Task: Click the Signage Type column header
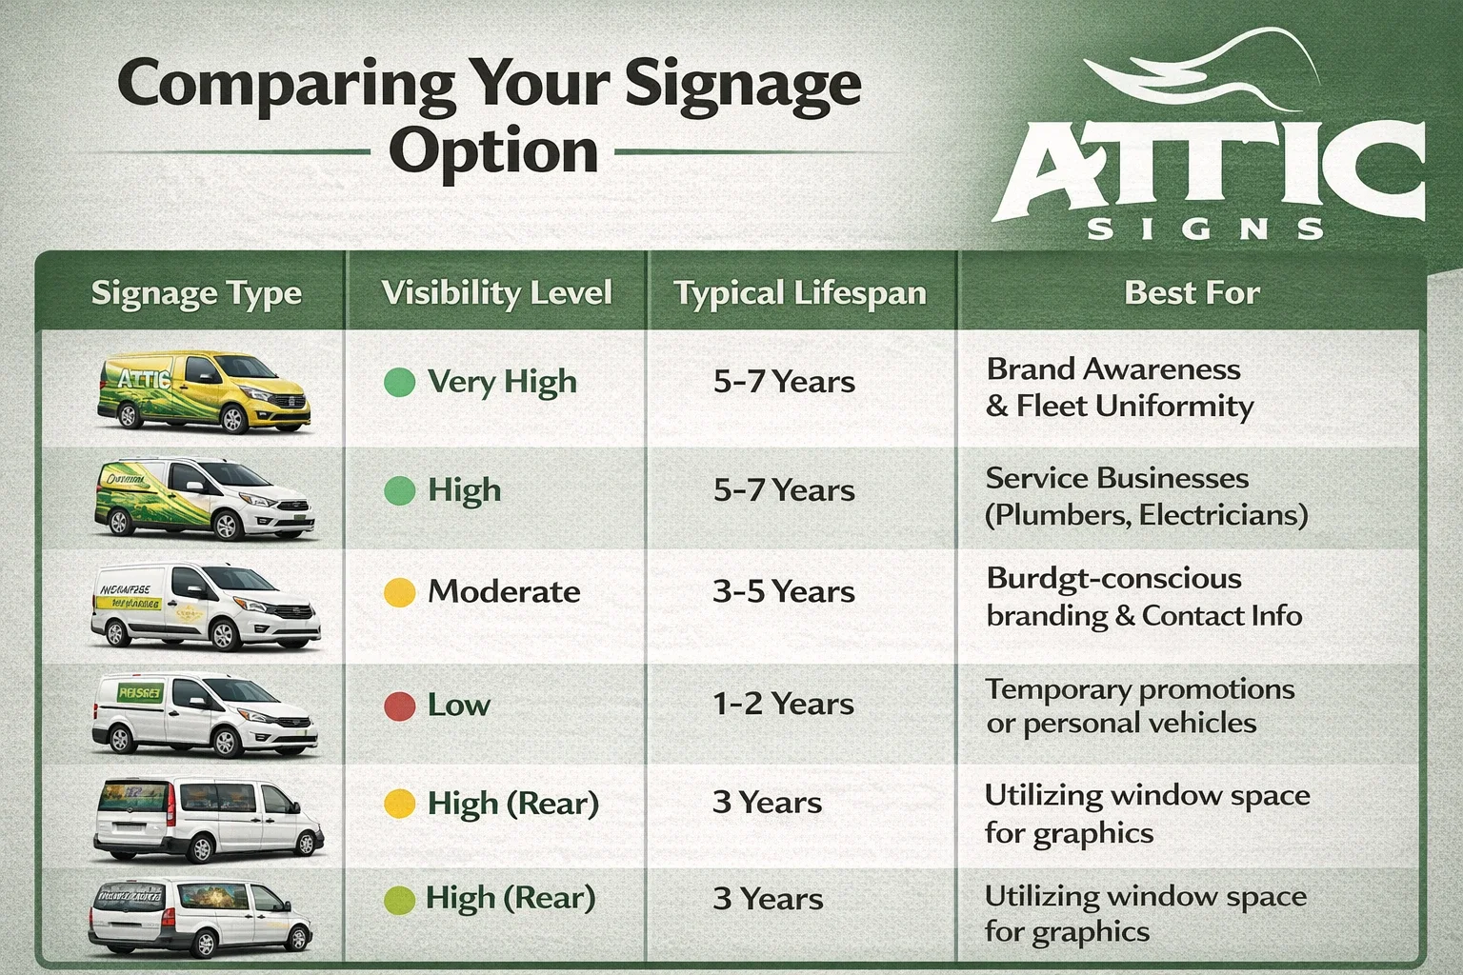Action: (196, 293)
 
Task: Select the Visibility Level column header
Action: (496, 292)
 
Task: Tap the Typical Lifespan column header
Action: (800, 292)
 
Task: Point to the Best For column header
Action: (1192, 292)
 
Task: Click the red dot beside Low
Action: (399, 706)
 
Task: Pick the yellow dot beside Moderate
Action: (399, 592)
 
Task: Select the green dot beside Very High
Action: (399, 383)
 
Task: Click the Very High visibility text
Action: (502, 383)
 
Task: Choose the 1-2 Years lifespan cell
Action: (783, 705)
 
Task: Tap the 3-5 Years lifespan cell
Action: (783, 592)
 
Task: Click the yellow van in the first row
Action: (204, 391)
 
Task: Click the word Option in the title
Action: (492, 152)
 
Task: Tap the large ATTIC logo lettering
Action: (1210, 171)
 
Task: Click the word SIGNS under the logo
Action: (1205, 229)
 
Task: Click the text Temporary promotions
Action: (1139, 688)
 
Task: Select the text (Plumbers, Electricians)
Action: (1146, 515)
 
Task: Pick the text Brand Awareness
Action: (1113, 368)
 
